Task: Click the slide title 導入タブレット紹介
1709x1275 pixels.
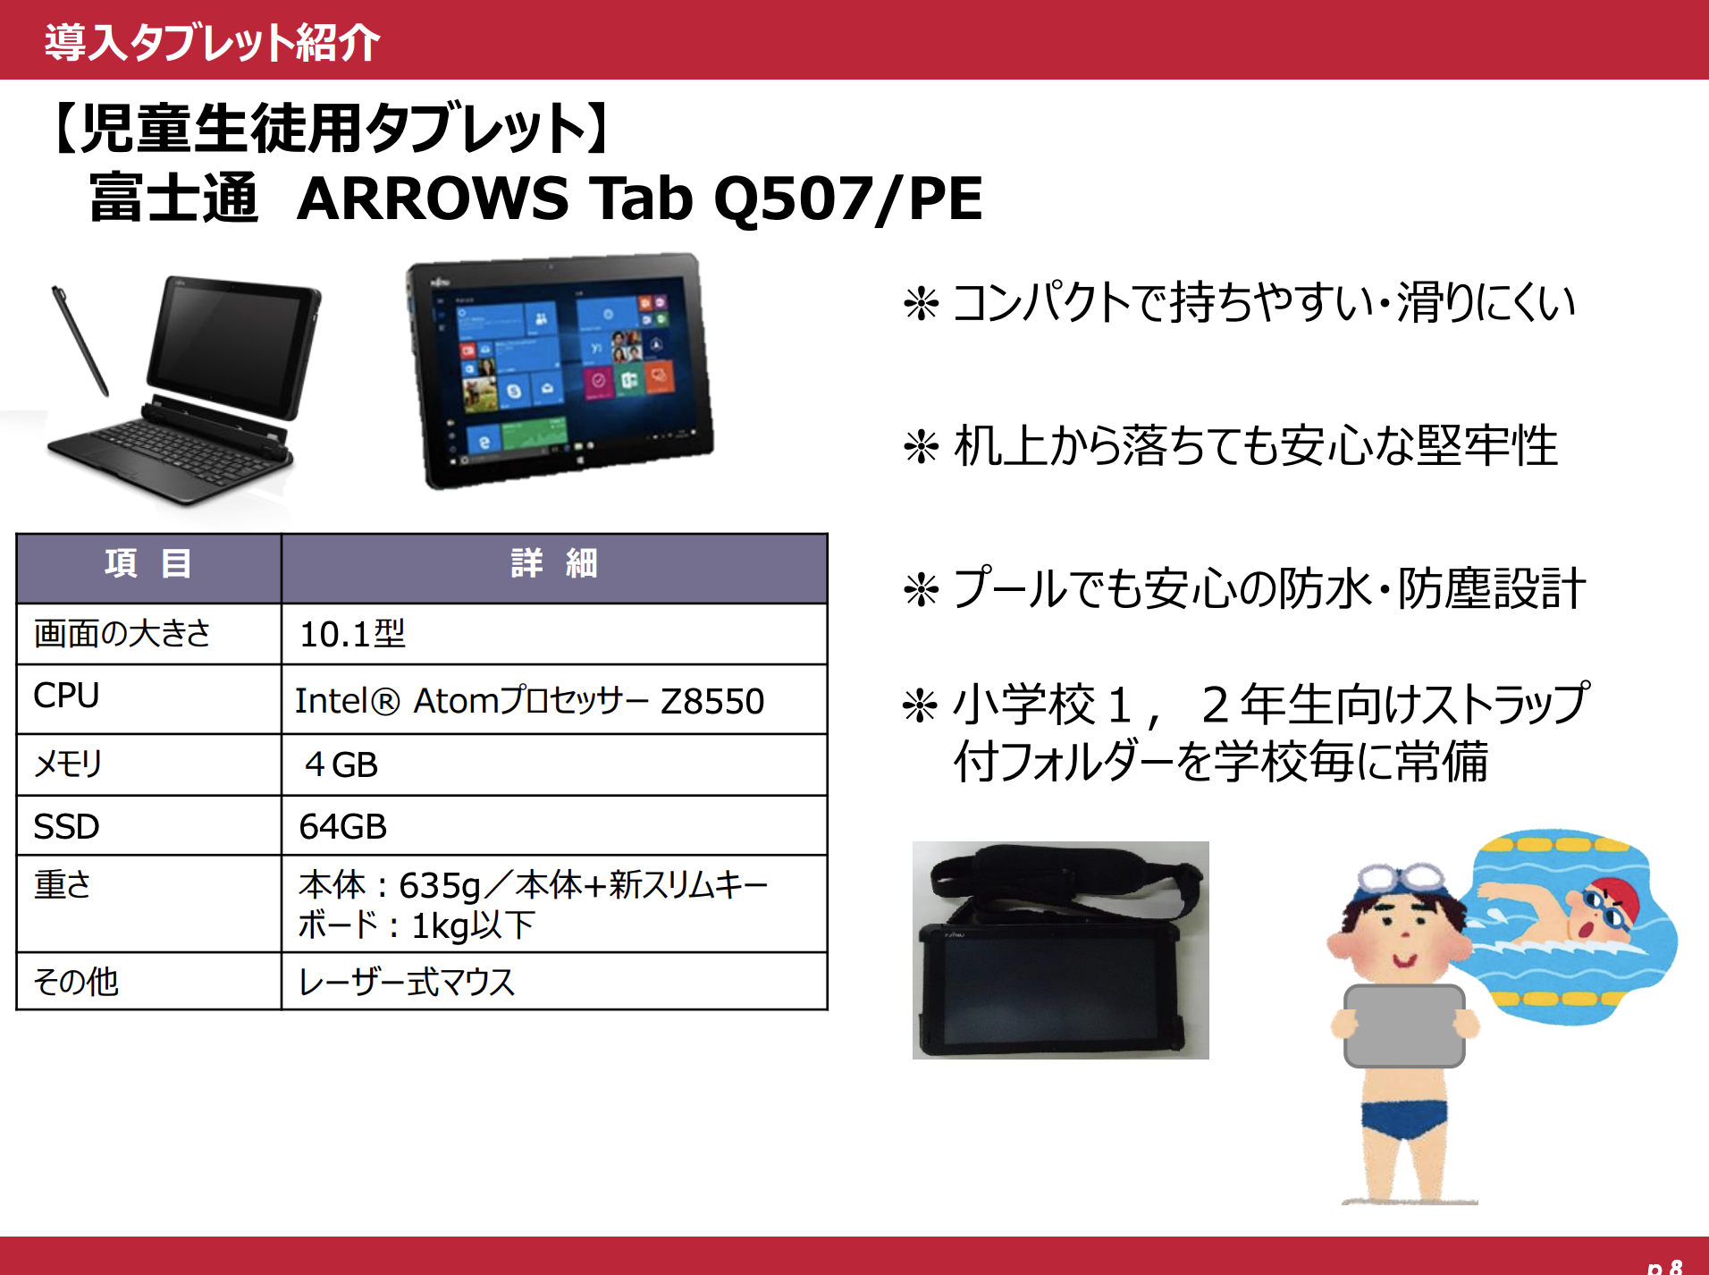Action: pos(212,42)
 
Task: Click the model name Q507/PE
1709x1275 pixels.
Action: pos(847,198)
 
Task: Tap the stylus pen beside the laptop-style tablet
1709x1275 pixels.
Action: pos(80,341)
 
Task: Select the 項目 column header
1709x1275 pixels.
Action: pos(148,564)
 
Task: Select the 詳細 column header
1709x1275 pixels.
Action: pos(554,564)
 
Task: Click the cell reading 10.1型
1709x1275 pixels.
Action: pos(352,634)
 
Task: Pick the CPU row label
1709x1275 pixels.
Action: pos(66,696)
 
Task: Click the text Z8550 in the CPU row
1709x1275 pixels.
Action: pos(712,701)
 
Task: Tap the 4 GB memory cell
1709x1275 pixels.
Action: pos(341,764)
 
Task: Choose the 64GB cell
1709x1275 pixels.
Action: pos(342,826)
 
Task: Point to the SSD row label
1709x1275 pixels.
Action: pos(66,826)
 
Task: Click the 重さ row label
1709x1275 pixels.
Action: pos(63,884)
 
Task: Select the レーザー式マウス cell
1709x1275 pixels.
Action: pos(407,982)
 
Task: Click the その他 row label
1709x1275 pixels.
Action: pos(76,982)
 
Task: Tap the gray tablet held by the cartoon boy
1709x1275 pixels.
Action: pos(1404,1026)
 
